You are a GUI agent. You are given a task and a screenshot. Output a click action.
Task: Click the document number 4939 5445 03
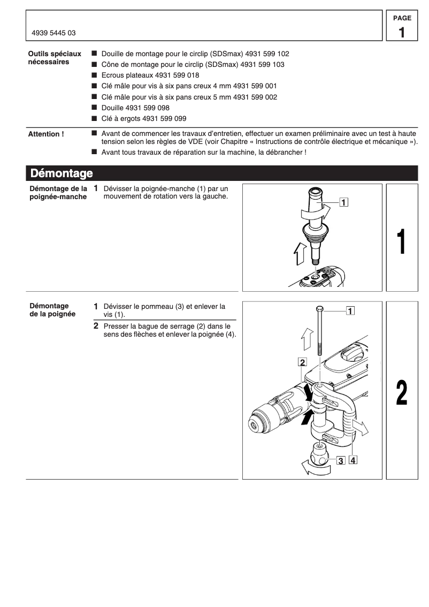click(53, 33)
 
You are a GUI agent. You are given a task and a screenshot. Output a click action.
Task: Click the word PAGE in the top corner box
click(402, 18)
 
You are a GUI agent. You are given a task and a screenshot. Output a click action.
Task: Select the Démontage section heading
click(62, 173)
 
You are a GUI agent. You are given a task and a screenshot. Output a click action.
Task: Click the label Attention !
click(46, 134)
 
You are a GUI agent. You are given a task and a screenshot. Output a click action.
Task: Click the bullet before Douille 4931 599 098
click(95, 108)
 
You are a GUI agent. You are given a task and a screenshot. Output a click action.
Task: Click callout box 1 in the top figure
click(344, 202)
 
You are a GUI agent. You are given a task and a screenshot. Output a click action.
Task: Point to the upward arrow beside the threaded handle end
click(300, 253)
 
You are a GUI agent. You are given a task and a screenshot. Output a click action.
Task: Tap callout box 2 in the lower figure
click(302, 362)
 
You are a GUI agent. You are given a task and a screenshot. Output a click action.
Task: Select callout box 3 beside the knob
click(340, 461)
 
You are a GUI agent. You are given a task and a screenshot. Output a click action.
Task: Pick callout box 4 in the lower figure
click(353, 460)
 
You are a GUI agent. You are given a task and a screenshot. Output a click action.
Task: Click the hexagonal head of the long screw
click(319, 309)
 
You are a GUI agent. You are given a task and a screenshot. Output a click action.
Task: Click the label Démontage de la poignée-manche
click(57, 193)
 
